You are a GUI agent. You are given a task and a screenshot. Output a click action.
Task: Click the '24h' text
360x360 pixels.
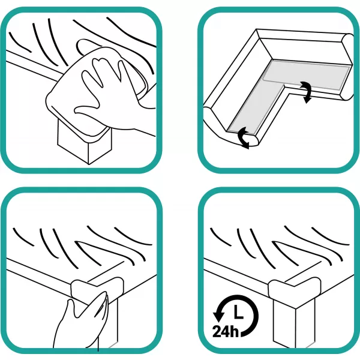(225, 331)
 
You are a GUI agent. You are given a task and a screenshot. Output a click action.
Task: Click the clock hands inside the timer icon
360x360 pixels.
(238, 312)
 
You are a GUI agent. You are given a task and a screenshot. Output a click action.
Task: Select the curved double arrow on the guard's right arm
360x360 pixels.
(306, 92)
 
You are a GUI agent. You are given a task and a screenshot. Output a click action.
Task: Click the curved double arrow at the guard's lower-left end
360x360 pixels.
(244, 138)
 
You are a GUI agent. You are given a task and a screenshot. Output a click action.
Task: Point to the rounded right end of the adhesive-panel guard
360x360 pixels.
(348, 67)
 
